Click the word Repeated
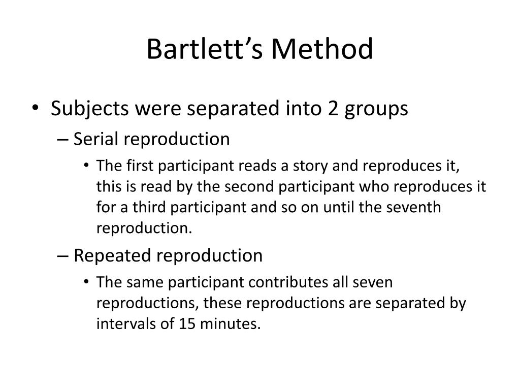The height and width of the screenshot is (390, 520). (112, 255)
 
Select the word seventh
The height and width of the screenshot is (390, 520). (416, 208)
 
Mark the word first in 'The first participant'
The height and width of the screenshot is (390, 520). (141, 166)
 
